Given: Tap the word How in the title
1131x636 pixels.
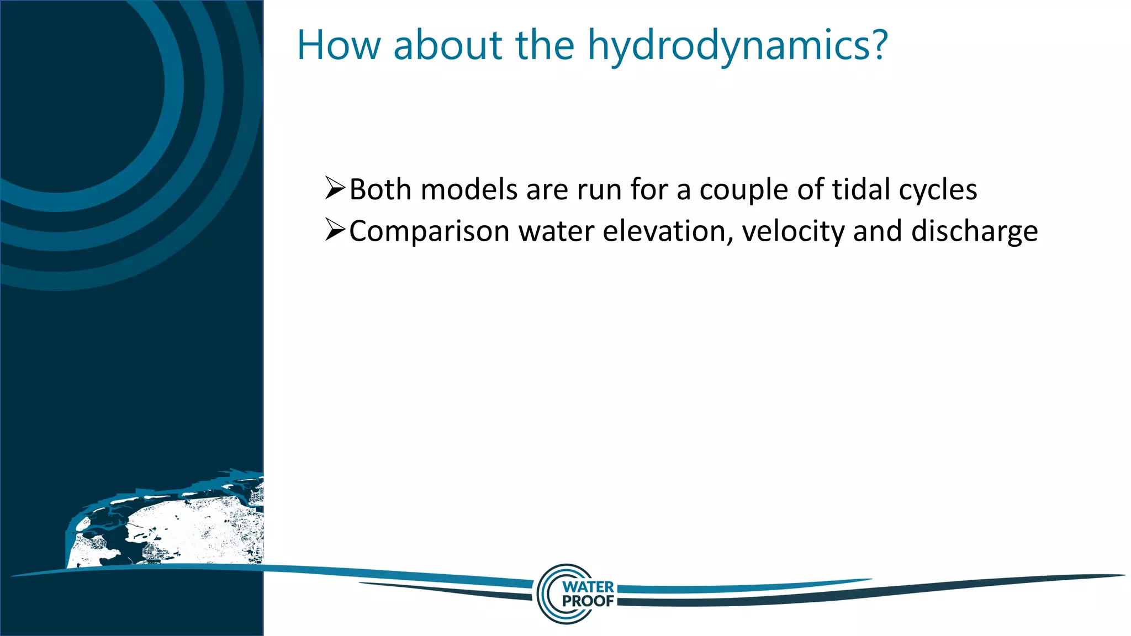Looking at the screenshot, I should pos(339,45).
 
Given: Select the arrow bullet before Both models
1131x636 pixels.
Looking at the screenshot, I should pos(335,188).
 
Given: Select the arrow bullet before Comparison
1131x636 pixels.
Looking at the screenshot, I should pos(335,230).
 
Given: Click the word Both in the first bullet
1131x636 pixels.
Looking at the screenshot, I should pos(380,190).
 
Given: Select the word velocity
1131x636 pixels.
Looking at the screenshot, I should pos(793,232).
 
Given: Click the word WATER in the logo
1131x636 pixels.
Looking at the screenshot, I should pos(588,587).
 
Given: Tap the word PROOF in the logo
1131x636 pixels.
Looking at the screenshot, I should pos(588,601).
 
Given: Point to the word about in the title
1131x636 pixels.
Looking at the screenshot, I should pos(448,45).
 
